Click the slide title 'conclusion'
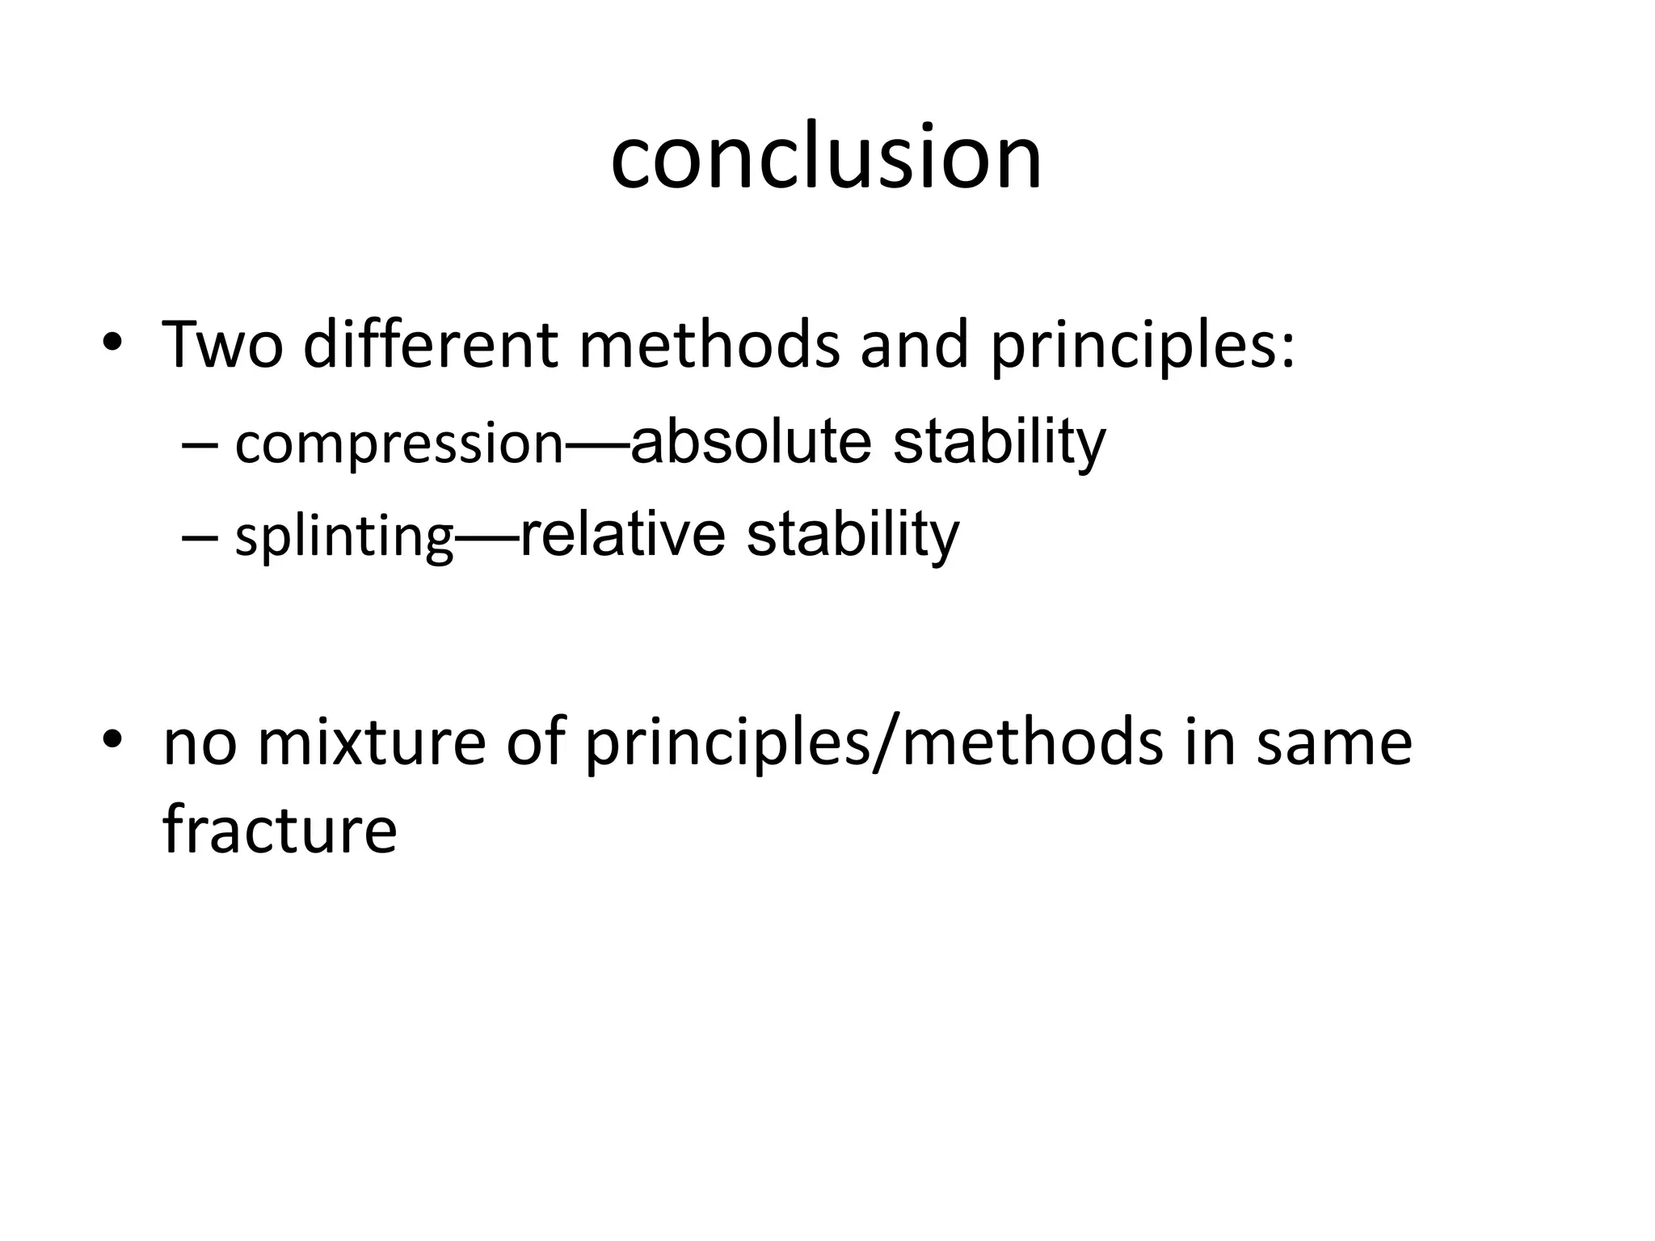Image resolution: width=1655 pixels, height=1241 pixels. tap(826, 157)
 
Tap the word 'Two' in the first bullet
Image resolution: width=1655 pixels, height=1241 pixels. tap(223, 345)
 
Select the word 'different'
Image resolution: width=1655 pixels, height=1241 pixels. tap(430, 345)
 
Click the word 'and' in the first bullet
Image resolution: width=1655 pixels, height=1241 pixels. tap(913, 345)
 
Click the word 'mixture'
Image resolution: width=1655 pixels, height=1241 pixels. tap(371, 742)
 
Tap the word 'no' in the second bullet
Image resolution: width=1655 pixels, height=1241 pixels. tap(200, 744)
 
